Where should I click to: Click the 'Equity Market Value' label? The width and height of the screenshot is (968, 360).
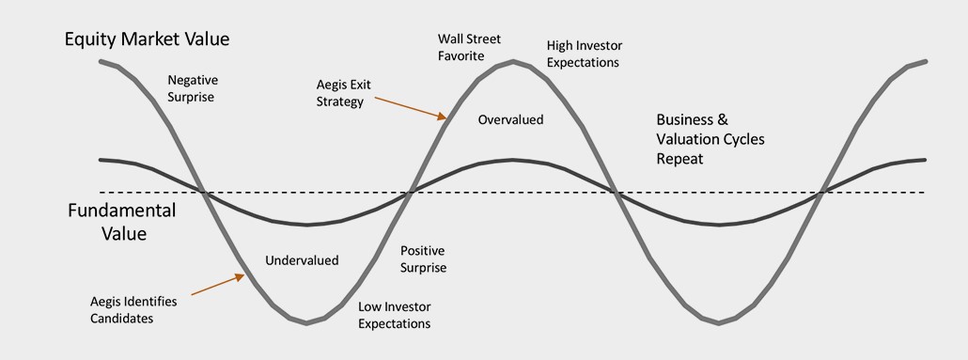click(147, 39)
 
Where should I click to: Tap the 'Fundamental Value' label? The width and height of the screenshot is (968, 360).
click(121, 222)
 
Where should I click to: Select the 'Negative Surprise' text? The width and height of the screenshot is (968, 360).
click(193, 88)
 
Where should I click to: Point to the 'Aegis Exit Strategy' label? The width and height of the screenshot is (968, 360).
click(344, 93)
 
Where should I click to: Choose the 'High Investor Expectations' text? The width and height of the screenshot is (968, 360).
click(584, 55)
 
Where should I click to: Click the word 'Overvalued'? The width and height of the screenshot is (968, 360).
click(510, 119)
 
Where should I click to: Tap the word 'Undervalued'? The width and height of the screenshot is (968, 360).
click(302, 260)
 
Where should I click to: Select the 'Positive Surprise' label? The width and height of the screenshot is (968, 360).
click(423, 259)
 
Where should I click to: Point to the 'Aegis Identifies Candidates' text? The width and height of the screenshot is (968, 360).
click(133, 310)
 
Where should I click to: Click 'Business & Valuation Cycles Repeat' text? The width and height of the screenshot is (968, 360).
click(710, 139)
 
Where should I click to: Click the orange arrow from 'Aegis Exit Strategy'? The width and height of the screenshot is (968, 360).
click(410, 107)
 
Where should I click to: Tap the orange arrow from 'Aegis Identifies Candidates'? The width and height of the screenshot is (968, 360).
click(218, 285)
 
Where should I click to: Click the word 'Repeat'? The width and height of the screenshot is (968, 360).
click(679, 159)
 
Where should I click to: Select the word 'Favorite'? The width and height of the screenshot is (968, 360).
click(461, 56)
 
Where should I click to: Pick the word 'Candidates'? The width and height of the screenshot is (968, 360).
click(121, 319)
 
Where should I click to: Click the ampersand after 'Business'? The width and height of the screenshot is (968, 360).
click(723, 119)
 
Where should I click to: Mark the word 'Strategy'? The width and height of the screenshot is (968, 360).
click(339, 102)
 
